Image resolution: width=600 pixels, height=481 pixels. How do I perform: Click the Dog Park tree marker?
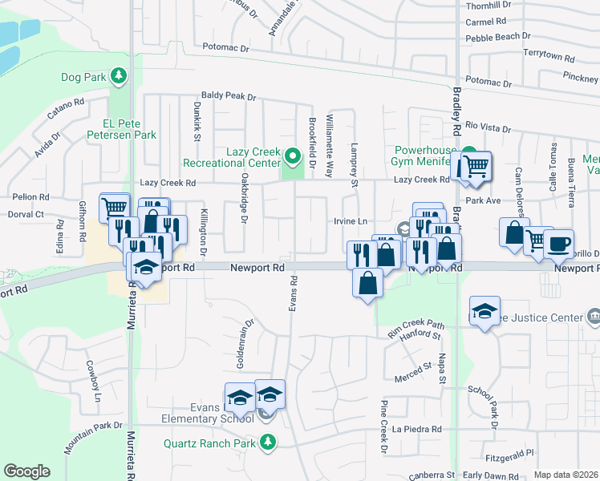point(120,76)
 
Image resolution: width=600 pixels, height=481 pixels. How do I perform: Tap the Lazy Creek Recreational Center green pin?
point(293,156)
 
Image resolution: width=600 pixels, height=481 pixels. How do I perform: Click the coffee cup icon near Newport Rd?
point(558,243)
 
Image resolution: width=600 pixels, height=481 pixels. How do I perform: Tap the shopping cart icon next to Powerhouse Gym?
point(473,167)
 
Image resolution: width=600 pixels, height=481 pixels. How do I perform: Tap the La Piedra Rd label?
point(416,429)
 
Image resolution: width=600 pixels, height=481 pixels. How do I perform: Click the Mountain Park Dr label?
point(94,430)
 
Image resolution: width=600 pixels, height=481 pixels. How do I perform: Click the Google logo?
point(26,471)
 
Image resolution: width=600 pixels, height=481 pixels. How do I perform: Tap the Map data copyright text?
point(566,475)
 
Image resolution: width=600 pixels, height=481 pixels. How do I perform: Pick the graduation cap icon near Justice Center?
point(484,310)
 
